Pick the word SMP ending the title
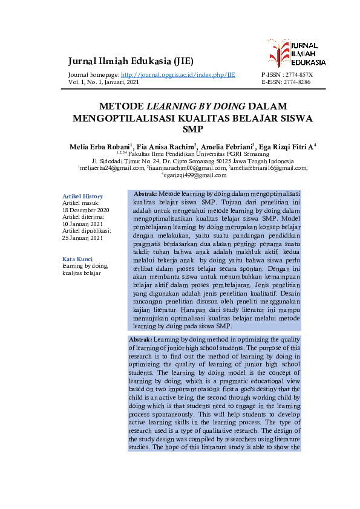coord(192,129)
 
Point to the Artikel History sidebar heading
coord(83,196)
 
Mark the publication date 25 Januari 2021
coord(82,238)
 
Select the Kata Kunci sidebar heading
coord(77,259)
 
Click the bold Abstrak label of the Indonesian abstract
coord(145,193)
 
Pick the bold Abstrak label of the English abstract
coord(141,339)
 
